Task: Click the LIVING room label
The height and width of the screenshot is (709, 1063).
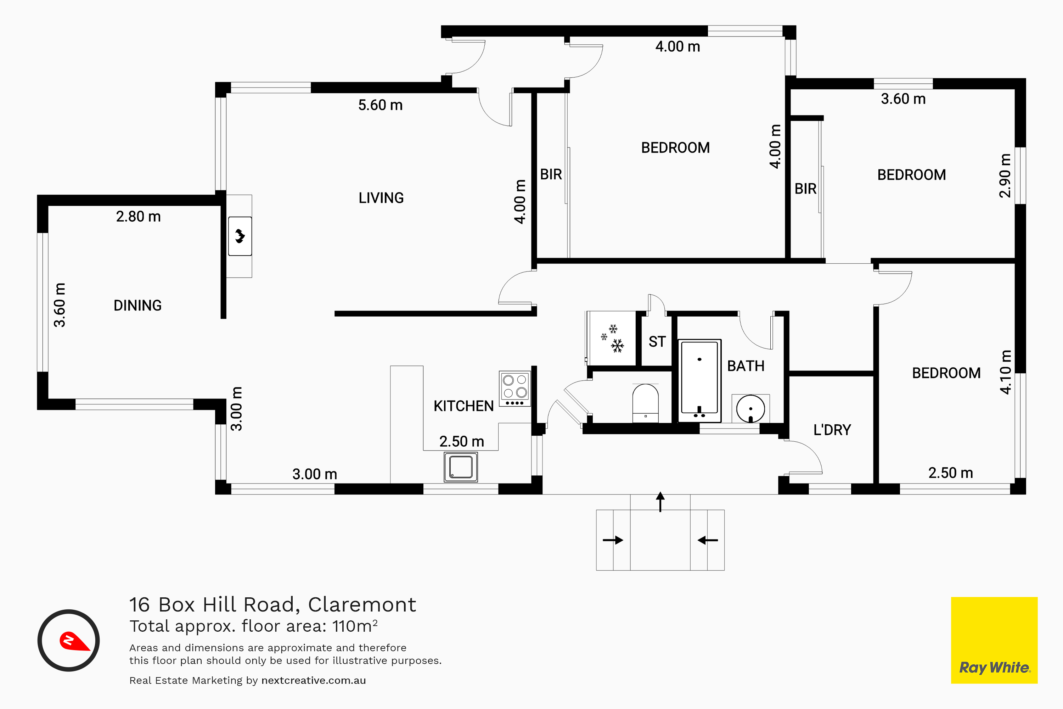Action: point(381,198)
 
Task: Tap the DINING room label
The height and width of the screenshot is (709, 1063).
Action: point(137,306)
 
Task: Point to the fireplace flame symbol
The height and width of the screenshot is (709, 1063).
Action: point(240,236)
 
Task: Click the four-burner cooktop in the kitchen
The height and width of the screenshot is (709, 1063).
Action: point(515,389)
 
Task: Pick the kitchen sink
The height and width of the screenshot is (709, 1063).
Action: point(461,467)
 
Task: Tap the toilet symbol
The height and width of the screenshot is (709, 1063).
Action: point(645,403)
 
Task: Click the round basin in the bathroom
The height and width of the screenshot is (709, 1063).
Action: point(750,409)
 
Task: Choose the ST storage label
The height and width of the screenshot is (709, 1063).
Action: point(657,342)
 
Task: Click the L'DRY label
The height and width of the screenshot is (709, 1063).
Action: point(832,430)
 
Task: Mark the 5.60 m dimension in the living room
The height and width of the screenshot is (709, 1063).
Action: point(380,105)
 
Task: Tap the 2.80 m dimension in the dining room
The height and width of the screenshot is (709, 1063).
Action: point(138,217)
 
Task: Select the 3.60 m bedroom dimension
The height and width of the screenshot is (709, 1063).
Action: point(903,99)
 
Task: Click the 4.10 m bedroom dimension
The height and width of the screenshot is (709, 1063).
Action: point(1005,372)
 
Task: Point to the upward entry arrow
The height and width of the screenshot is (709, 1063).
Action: point(660,502)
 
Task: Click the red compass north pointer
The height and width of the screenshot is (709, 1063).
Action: point(74,641)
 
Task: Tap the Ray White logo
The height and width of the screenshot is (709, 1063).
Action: point(994,640)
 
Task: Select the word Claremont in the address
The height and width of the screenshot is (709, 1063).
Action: point(362,605)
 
